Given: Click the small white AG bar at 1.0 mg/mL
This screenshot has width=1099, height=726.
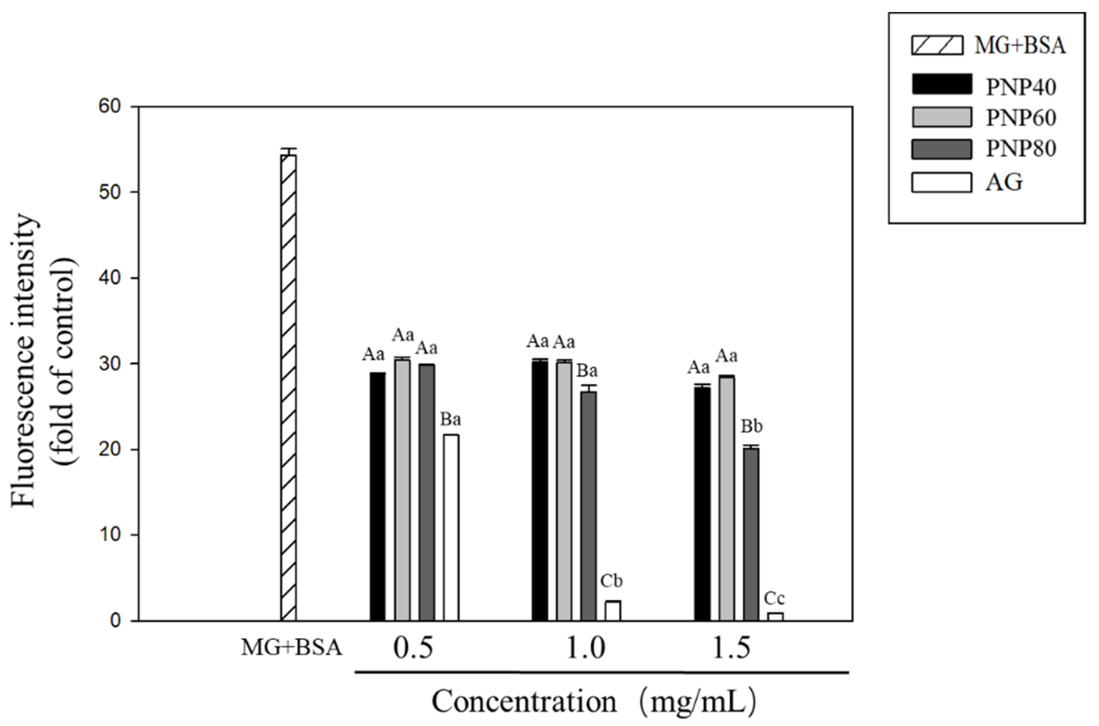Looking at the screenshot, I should point(613,611).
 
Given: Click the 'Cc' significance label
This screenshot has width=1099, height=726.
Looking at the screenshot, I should point(775,599).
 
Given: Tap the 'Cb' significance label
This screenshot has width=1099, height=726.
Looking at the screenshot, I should point(612,581).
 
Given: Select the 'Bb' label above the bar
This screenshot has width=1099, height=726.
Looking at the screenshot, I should point(751,427).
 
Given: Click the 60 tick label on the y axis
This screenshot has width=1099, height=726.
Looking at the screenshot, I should point(109,106).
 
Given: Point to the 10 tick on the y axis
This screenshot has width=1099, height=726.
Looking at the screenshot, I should point(109,535).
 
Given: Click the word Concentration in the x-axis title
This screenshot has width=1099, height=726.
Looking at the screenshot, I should point(524,701).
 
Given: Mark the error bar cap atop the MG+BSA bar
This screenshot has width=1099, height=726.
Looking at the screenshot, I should point(289,149).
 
